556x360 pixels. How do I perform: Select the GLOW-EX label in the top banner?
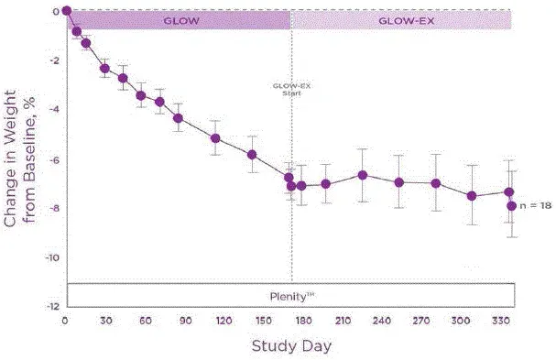(x=401, y=18)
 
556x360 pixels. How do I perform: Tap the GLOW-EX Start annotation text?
(x=292, y=90)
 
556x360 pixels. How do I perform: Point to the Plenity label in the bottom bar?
(x=289, y=295)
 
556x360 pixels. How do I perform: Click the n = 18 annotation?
(x=535, y=206)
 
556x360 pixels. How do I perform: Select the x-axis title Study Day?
(x=290, y=346)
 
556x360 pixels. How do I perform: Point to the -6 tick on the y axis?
(x=55, y=159)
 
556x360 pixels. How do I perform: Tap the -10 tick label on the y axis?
(x=53, y=257)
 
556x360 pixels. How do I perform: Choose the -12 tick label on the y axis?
(x=53, y=306)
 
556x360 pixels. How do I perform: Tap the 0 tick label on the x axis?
(x=65, y=322)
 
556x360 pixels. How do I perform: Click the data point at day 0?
(x=67, y=11)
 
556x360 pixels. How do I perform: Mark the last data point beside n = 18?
(x=512, y=205)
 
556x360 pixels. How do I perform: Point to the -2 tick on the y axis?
(x=55, y=60)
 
